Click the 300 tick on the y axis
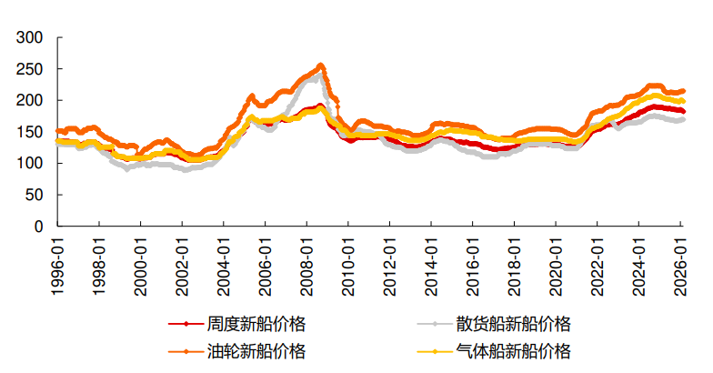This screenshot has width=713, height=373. (31, 38)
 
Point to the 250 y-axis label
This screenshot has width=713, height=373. (31, 69)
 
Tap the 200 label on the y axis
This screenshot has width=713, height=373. (31, 101)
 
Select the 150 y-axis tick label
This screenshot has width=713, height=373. (31, 132)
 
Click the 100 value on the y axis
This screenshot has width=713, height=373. (31, 164)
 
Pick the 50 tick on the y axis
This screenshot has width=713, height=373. (35, 195)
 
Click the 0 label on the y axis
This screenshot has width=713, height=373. (38, 227)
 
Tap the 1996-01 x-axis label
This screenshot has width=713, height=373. (58, 263)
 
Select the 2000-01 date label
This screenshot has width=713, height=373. (141, 263)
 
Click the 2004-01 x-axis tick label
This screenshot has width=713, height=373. (224, 263)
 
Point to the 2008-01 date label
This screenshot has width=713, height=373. (307, 263)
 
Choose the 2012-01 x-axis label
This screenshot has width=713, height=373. (390, 263)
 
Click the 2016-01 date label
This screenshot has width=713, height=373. (473, 263)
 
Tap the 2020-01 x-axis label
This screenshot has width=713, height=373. (557, 263)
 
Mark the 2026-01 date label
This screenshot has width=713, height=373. (680, 263)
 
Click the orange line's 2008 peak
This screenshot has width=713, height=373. (320, 66)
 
